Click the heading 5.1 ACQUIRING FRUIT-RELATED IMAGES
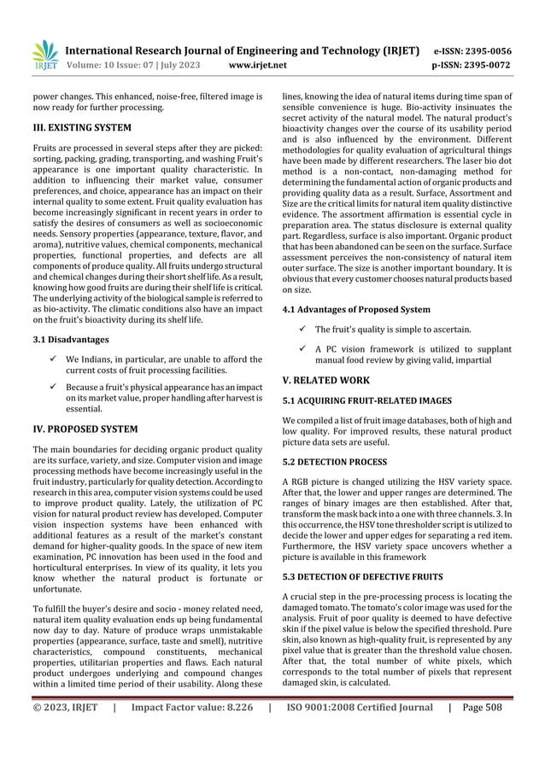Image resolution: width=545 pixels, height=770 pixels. coord(367,400)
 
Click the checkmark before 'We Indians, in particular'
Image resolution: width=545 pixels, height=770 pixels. coord(53,359)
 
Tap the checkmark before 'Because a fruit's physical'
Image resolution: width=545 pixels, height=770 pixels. coord(53,388)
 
